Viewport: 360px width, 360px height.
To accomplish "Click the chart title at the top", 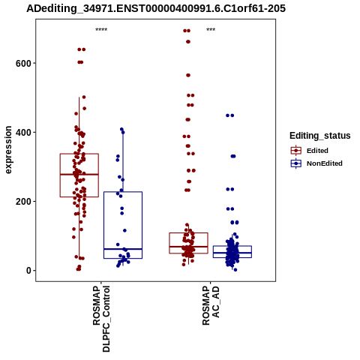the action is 156,9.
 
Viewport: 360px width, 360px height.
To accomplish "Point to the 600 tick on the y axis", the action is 23,63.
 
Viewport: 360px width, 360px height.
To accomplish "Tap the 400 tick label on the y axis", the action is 23,132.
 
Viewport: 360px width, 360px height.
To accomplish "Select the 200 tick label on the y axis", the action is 23,201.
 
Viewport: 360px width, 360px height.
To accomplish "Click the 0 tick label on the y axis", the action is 28,271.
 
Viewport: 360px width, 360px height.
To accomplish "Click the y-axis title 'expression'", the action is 8,150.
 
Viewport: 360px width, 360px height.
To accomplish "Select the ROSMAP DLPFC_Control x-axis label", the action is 101,319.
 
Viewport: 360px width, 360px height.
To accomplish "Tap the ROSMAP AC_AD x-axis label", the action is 211,305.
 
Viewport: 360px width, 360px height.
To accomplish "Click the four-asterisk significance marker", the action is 101,30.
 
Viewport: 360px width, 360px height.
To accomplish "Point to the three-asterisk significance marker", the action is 211,30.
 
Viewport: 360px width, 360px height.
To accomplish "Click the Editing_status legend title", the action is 320,136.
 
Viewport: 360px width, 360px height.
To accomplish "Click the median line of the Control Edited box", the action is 79,174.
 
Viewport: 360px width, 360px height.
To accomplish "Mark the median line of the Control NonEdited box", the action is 123,249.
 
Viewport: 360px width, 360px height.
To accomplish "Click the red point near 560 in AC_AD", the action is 188,75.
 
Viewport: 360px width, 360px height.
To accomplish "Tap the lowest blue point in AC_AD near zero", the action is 235,270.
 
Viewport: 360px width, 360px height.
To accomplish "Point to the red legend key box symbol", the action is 296,151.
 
